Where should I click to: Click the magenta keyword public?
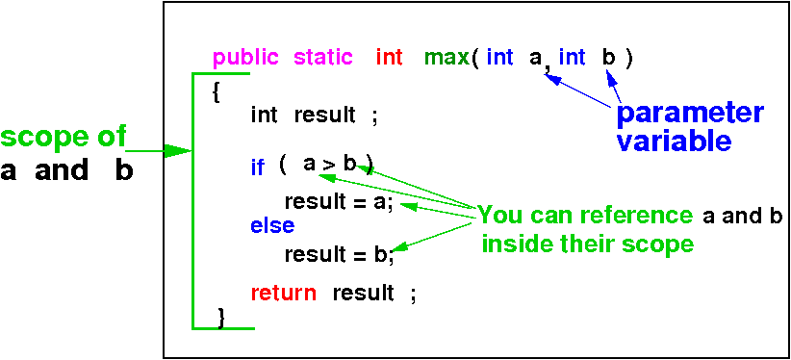pyautogui.click(x=245, y=58)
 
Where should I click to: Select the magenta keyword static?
pyautogui.click(x=323, y=57)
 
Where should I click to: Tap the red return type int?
pyautogui.click(x=389, y=57)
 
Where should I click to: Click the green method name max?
pyautogui.click(x=447, y=58)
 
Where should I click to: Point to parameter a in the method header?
pyautogui.click(x=535, y=59)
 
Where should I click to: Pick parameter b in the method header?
pyautogui.click(x=609, y=57)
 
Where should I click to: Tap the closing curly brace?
pyautogui.click(x=221, y=318)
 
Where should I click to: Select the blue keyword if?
pyautogui.click(x=257, y=167)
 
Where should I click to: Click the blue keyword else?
pyautogui.click(x=272, y=225)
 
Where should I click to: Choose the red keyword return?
pyautogui.click(x=284, y=293)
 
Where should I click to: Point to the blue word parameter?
pyautogui.click(x=690, y=115)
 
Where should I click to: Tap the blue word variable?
pyautogui.click(x=674, y=141)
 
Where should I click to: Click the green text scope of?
pyautogui.click(x=63, y=138)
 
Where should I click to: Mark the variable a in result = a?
pyautogui.click(x=379, y=203)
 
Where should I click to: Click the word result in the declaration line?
pyautogui.click(x=325, y=116)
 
